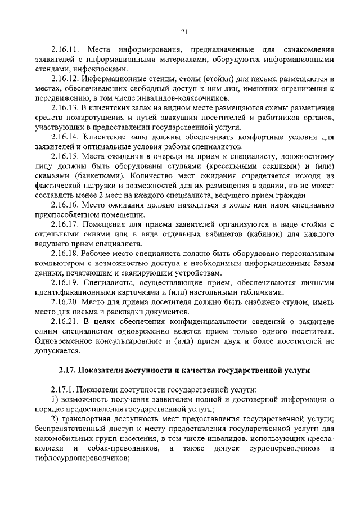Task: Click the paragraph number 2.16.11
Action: pyautogui.click(x=65, y=49)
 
